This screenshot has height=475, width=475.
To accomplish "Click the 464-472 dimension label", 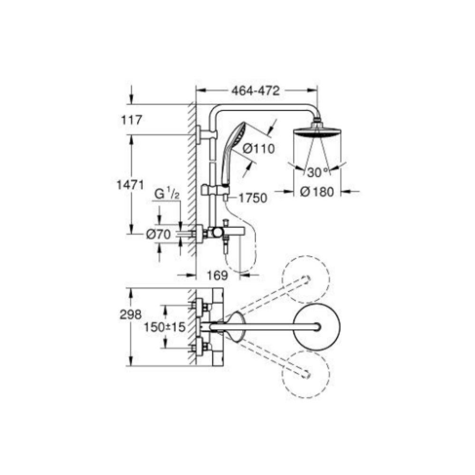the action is tap(255, 91).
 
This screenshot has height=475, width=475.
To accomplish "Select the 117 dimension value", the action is tap(132, 120).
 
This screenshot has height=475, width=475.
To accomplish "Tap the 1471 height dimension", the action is tap(131, 184).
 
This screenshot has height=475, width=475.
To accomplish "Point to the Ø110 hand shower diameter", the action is tap(259, 148).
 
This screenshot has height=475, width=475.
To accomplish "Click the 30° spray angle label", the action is tap(318, 172).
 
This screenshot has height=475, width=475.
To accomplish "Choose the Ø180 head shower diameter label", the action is tap(317, 191).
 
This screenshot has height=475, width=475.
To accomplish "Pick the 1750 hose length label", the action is tap(253, 198).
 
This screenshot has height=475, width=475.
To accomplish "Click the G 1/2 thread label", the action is tap(167, 194).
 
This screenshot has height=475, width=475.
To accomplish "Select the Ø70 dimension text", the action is tap(159, 234).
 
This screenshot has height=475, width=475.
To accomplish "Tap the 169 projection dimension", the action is tap(217, 275).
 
